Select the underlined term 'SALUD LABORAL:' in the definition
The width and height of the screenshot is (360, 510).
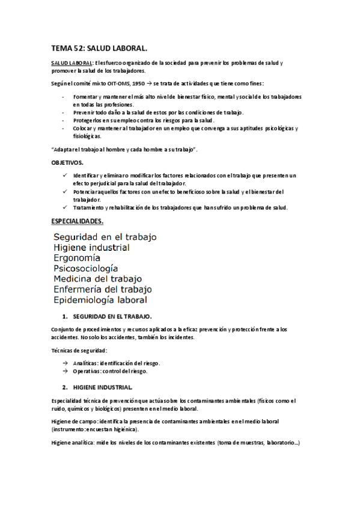[71, 63]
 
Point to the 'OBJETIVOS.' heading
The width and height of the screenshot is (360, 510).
[67, 163]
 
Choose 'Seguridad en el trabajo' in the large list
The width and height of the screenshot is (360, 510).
[105, 237]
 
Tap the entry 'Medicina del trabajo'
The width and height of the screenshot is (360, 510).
[97, 278]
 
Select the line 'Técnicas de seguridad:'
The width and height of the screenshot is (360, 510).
[79, 350]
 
